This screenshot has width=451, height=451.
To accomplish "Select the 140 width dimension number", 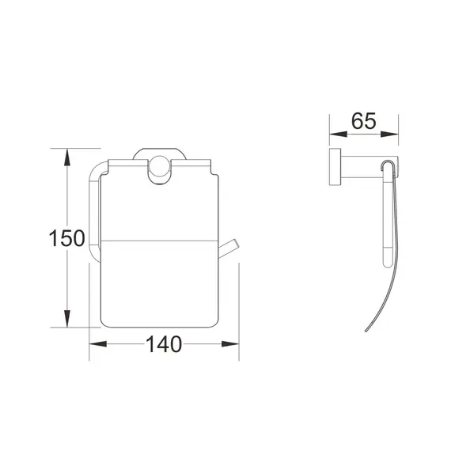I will coord(163,344).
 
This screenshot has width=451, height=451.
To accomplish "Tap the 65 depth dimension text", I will coord(364,123).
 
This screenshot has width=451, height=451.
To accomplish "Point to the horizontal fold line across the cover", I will coord(158,238).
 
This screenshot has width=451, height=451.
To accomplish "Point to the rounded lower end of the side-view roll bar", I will coord(387,260).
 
